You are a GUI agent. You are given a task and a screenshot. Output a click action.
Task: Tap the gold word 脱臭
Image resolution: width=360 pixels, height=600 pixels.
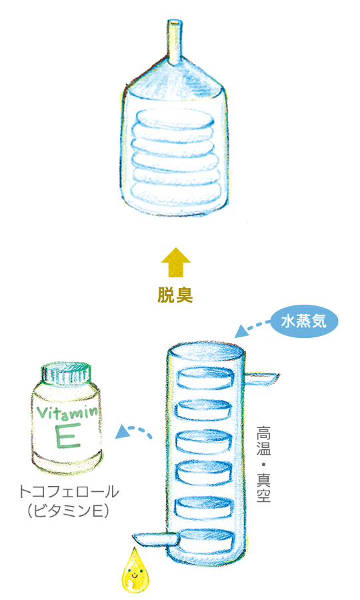[x=175, y=295]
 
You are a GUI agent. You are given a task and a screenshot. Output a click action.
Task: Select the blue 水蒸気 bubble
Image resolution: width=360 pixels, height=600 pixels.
[x=304, y=321]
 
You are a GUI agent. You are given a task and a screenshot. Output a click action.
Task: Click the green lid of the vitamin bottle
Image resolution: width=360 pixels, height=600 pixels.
[x=67, y=373]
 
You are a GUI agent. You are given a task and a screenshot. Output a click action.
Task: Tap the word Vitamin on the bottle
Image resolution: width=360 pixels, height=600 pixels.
[x=67, y=412]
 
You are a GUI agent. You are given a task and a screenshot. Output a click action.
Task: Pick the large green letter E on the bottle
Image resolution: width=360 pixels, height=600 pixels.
[x=67, y=436]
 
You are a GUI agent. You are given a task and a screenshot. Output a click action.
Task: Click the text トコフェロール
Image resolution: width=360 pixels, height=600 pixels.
[x=69, y=492]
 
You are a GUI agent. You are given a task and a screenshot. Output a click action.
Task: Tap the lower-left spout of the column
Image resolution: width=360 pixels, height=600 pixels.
[x=155, y=539]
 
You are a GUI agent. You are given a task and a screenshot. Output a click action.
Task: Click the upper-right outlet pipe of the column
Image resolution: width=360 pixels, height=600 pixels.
[x=261, y=378]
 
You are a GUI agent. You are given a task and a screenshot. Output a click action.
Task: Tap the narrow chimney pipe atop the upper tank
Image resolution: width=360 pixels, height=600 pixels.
[x=174, y=43]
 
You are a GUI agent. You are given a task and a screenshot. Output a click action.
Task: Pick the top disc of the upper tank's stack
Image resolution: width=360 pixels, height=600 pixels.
[x=175, y=119]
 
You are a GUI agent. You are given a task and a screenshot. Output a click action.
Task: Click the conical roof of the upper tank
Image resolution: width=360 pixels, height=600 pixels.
[x=174, y=81]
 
